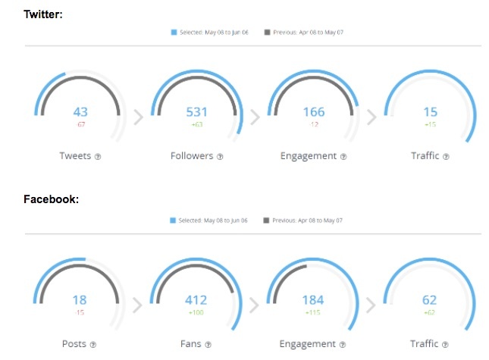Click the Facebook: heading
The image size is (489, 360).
coord(51,199)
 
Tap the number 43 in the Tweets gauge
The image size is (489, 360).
coord(80,112)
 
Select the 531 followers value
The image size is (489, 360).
coord(196,112)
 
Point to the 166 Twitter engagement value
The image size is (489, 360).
coord(313,112)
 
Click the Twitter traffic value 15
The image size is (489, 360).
coord(430,112)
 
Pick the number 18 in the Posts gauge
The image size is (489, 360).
coord(80,300)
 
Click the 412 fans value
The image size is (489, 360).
coord(196,300)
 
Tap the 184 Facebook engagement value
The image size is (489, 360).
coord(313,300)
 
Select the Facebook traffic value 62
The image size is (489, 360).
coord(430,300)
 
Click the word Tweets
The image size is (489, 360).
coord(75,156)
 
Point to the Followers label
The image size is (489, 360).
coord(192,156)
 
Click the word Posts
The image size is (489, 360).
coord(74,344)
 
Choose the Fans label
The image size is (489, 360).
coord(191,344)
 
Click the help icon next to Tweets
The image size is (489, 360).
coord(98,157)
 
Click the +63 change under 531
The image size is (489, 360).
coord(196,125)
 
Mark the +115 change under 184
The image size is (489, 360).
coord(313,312)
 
